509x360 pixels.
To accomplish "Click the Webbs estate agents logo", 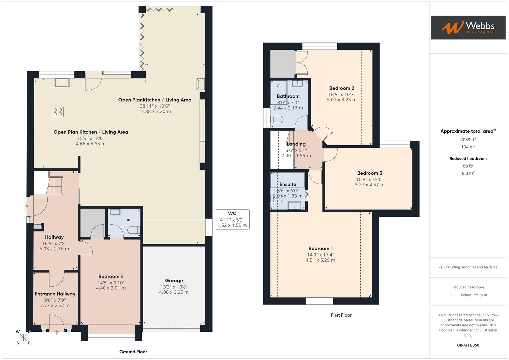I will click(x=468, y=27).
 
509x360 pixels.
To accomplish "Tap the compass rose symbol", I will click(x=23, y=337).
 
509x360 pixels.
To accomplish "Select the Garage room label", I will click(x=174, y=281).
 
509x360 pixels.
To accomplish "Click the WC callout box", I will click(x=232, y=219).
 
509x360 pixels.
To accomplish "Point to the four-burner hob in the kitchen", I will click(x=58, y=112).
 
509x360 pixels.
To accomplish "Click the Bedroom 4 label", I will click(x=111, y=276).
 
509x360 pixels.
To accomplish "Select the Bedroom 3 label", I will click(x=369, y=173).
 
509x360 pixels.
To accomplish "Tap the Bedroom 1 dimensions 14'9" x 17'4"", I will click(x=320, y=255).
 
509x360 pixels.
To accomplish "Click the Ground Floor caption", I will click(x=133, y=352).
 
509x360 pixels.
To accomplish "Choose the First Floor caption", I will click(x=341, y=315).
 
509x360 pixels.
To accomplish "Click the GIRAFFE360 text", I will click(x=468, y=345).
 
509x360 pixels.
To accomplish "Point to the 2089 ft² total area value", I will click(x=468, y=140).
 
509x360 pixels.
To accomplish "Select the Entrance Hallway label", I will click(x=55, y=294).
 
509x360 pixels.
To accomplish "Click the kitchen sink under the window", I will click(x=62, y=82).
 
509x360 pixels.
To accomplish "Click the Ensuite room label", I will click(x=288, y=184).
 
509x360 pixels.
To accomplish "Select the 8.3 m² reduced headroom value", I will click(x=468, y=173).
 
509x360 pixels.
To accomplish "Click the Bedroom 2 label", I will click(x=342, y=88).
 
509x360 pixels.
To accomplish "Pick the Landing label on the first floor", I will click(x=296, y=144).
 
